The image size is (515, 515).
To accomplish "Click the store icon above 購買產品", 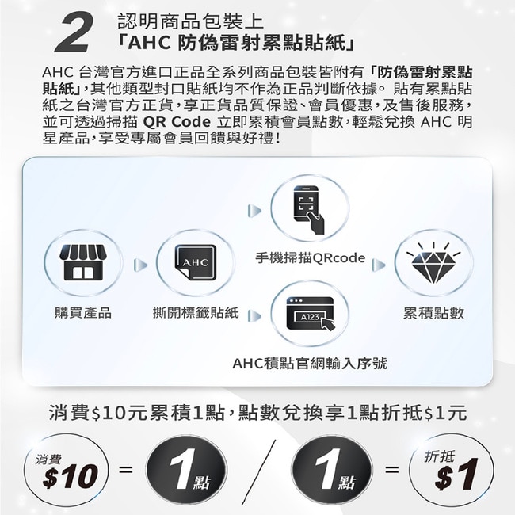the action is (83, 262).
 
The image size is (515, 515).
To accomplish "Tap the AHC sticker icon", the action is (196, 262).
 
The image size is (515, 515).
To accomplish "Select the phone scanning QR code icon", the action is (309, 210).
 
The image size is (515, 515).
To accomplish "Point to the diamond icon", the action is (433, 264).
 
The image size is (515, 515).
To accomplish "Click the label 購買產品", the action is (83, 313).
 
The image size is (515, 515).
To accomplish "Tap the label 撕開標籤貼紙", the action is (196, 313).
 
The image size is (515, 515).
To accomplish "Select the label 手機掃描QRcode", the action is (310, 258).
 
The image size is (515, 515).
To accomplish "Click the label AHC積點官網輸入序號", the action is (310, 364).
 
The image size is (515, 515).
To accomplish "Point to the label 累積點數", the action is (433, 313).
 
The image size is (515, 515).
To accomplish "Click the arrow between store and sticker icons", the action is (140, 265).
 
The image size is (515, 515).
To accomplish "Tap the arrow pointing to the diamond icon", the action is (379, 265).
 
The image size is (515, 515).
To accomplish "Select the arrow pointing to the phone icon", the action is (254, 211).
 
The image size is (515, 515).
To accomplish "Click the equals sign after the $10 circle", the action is (126, 469).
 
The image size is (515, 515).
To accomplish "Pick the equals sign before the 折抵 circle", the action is (392, 469).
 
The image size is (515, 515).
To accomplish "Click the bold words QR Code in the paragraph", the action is (177, 122).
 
